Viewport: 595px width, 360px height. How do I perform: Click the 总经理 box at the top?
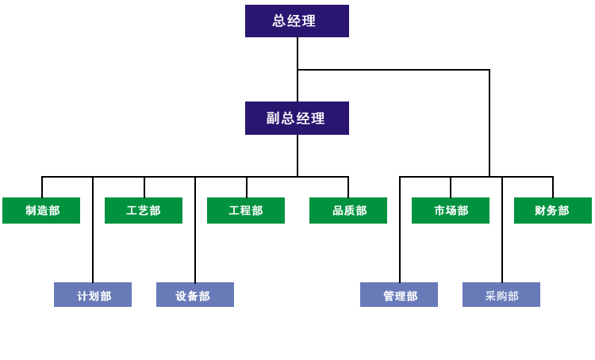tap(297, 21)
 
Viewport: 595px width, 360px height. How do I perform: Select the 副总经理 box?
tap(297, 118)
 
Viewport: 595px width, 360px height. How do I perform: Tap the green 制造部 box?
tap(41, 210)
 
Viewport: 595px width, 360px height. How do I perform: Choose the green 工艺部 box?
tap(144, 210)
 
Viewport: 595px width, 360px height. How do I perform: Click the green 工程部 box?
tap(246, 210)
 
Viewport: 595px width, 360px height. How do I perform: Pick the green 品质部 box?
tap(348, 210)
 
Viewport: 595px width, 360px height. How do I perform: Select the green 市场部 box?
tap(451, 210)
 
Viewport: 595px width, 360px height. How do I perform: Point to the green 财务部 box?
tap(553, 210)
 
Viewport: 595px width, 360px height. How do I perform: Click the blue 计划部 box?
tap(93, 295)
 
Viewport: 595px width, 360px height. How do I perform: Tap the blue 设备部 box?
tap(195, 295)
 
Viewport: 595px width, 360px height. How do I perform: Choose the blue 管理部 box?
tap(399, 295)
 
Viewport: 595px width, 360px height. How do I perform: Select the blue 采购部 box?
tap(501, 295)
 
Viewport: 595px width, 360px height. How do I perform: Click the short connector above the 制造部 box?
tap(42, 187)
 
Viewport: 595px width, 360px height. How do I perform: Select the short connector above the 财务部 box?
tap(553, 187)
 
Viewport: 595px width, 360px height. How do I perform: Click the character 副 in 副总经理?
tap(273, 118)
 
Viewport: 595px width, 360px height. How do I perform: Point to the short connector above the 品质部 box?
tap(348, 187)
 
